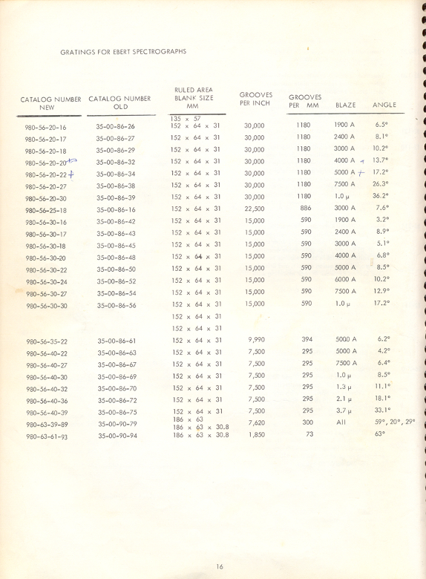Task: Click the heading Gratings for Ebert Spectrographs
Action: click(123, 52)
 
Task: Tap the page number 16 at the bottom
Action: click(220, 566)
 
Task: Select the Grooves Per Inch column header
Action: click(255, 99)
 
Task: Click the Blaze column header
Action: click(346, 105)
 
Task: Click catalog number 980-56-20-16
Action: click(46, 127)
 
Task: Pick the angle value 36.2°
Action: click(381, 196)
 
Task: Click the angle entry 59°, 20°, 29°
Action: click(394, 422)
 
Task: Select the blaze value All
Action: click(341, 422)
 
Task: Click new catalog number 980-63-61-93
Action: click(46, 436)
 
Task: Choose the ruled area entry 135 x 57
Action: click(185, 118)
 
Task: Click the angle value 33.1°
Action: click(381, 410)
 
